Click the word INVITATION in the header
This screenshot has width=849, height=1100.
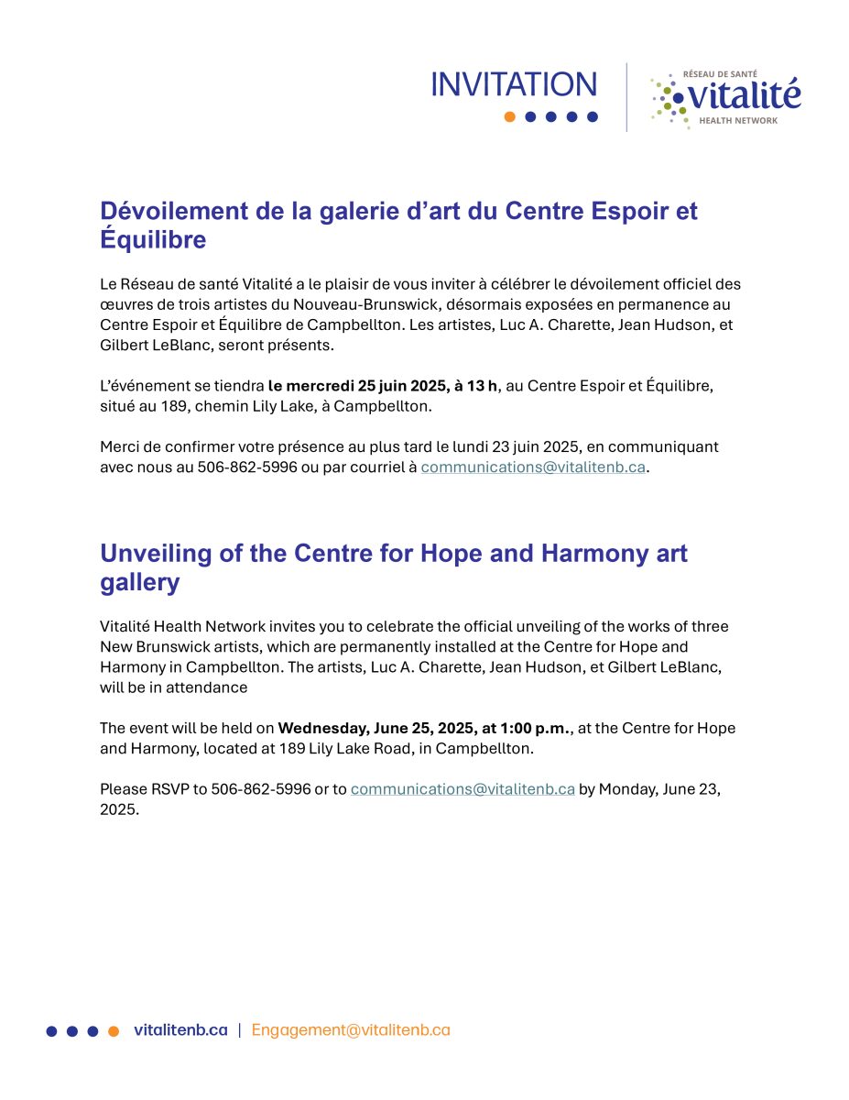click(514, 84)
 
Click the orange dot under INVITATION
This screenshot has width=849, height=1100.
click(509, 116)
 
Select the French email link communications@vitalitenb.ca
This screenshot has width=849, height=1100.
click(533, 467)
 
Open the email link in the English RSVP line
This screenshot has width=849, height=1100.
click(463, 788)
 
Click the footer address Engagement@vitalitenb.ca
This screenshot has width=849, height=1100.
click(351, 1029)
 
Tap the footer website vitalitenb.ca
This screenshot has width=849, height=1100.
click(180, 1029)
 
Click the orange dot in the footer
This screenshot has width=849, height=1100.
click(114, 1030)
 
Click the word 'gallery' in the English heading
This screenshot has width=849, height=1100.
click(139, 583)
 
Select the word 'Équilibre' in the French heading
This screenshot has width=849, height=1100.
click(153, 240)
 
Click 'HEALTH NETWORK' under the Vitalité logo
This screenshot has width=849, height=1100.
click(737, 120)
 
